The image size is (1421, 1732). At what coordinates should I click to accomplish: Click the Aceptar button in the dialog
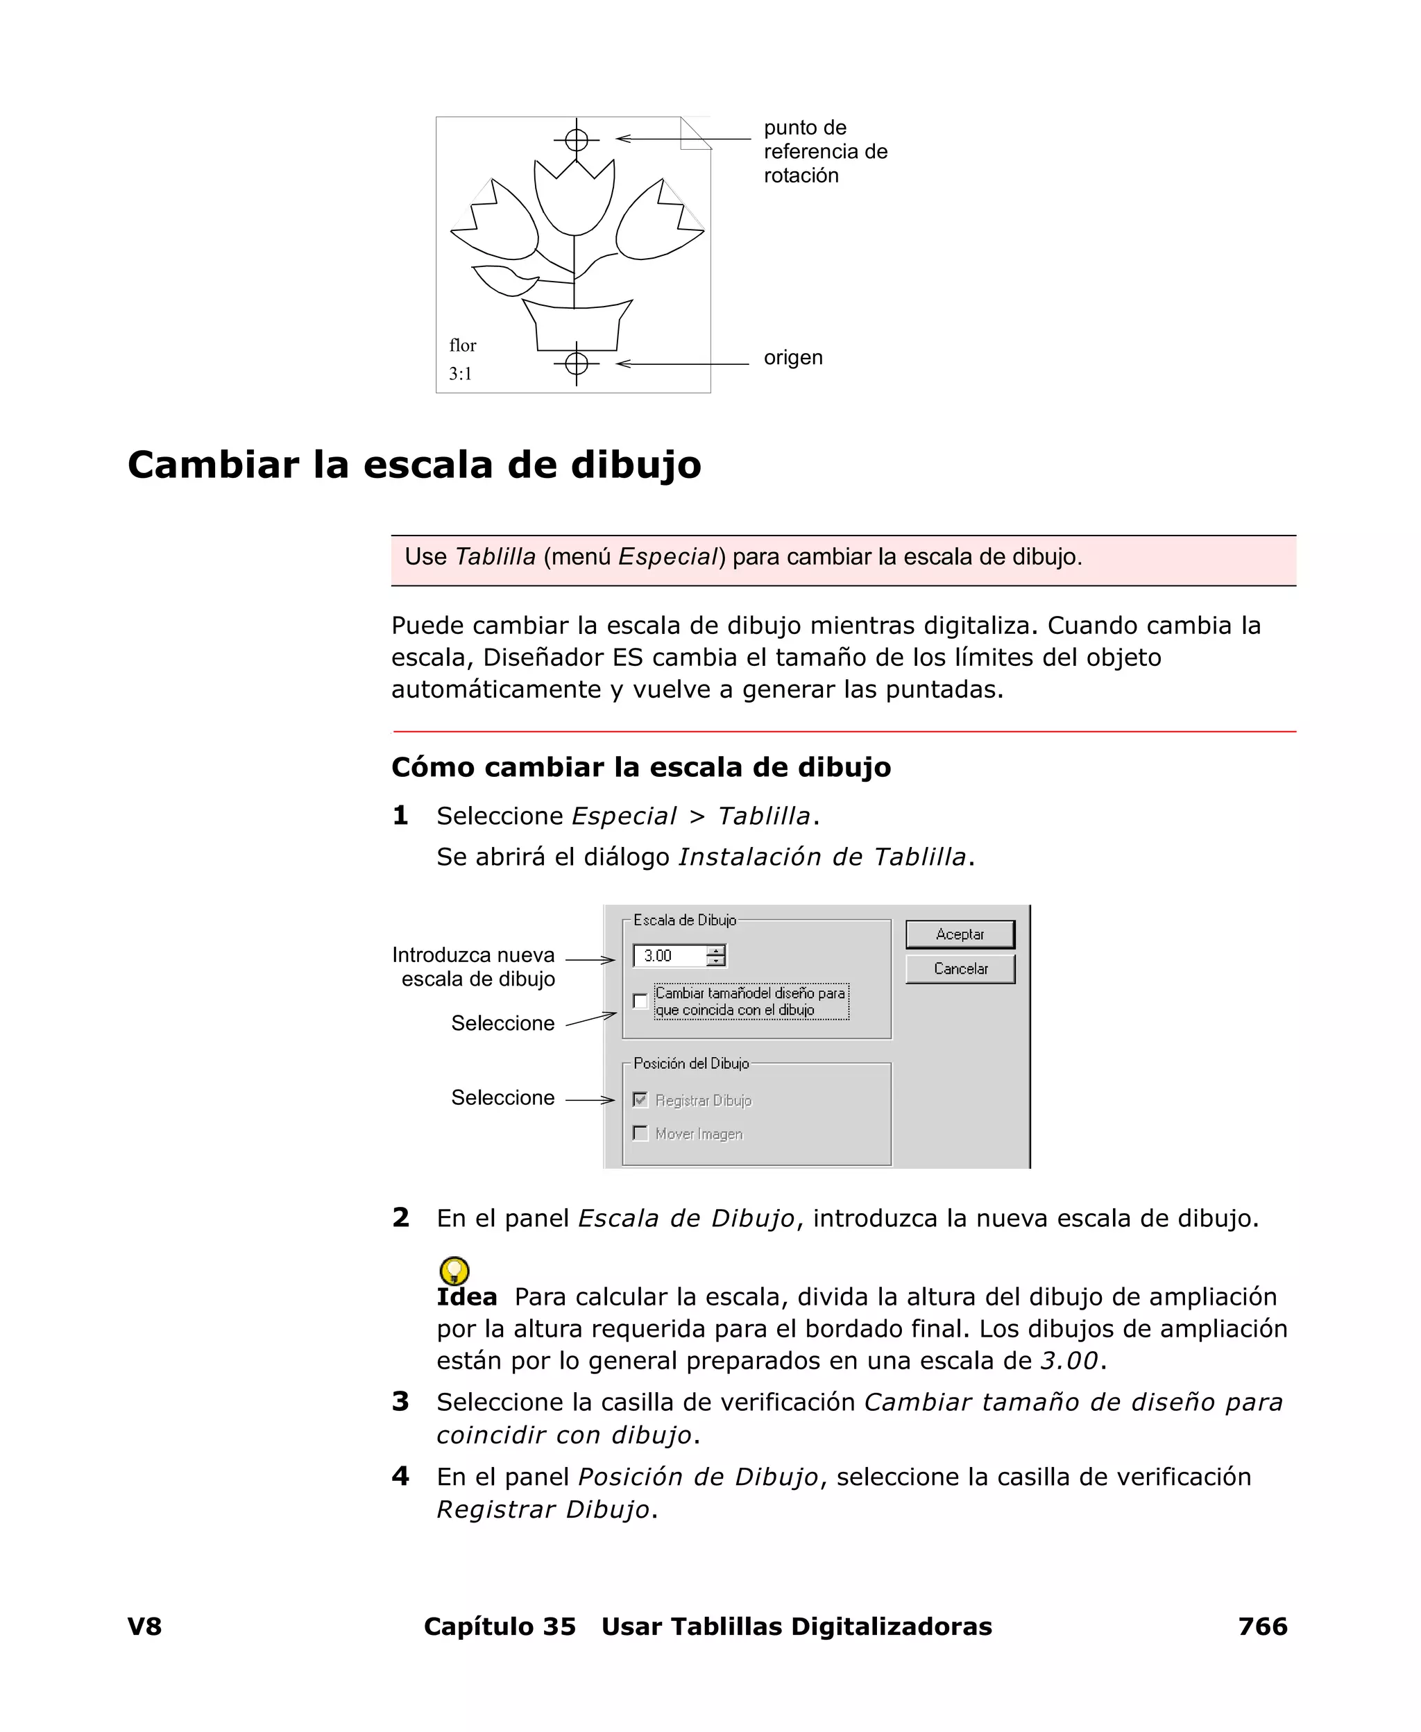point(960,934)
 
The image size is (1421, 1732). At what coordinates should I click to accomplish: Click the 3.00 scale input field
point(670,956)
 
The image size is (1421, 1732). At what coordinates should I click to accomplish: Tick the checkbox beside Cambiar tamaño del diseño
point(640,1002)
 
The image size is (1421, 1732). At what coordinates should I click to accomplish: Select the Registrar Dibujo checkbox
point(640,1100)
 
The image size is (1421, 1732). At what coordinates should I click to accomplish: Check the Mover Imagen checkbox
point(640,1134)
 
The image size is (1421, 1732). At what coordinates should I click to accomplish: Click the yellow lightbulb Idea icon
point(454,1271)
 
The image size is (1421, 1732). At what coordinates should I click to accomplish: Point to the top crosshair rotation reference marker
point(577,140)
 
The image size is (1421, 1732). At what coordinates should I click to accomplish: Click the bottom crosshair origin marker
point(577,363)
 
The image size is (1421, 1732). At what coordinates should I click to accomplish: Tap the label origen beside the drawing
point(792,357)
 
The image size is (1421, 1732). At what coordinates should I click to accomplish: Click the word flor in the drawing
point(463,345)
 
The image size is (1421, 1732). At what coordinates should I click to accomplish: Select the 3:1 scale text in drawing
point(460,374)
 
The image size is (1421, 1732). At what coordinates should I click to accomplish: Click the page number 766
point(1262,1627)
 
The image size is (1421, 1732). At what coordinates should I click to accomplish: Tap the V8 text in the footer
point(145,1627)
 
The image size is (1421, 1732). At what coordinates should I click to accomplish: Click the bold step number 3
point(400,1401)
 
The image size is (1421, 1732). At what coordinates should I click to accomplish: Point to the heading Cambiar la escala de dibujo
point(414,465)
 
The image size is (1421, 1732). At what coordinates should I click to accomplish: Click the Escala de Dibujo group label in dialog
point(684,920)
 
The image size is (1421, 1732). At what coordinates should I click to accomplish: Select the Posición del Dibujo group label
point(691,1063)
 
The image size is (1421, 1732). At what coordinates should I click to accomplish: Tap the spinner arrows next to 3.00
point(716,956)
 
